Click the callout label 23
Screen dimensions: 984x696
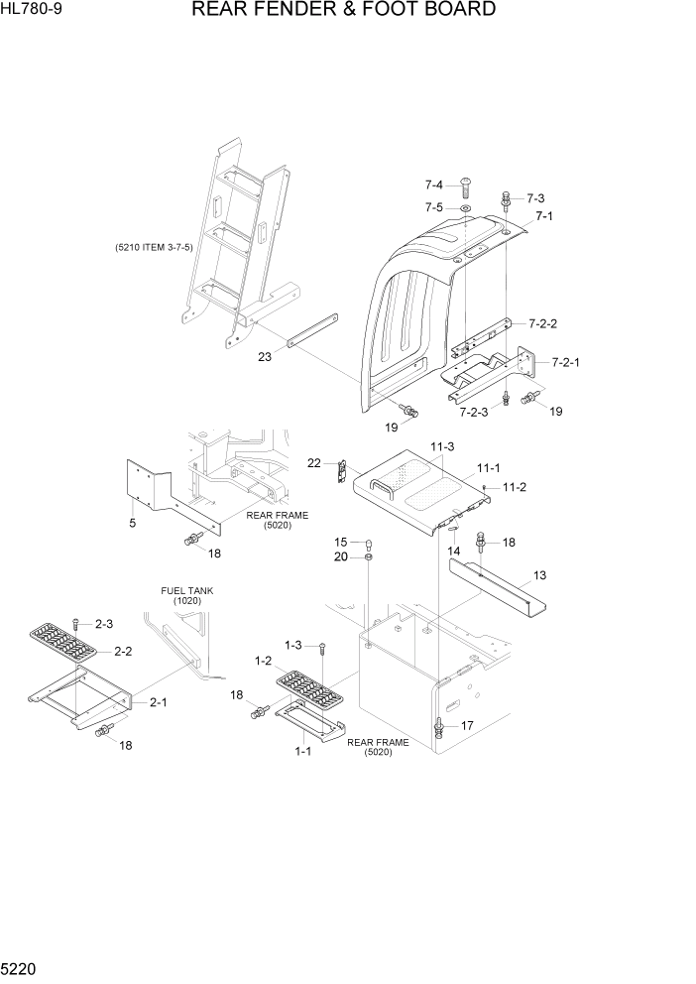tap(265, 358)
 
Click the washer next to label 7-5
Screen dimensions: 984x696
tap(466, 208)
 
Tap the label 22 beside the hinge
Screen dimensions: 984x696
tap(314, 462)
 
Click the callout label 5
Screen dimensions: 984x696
tap(132, 521)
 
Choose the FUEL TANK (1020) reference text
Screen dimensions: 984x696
tap(186, 595)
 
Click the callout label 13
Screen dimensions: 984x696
tap(540, 575)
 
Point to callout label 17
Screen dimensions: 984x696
tap(466, 725)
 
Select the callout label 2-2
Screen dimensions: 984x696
tap(124, 652)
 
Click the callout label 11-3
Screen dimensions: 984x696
tap(442, 447)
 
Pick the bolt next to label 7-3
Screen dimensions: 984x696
tap(507, 200)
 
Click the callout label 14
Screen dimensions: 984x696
tap(454, 551)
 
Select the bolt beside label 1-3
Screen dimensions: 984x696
tap(323, 649)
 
